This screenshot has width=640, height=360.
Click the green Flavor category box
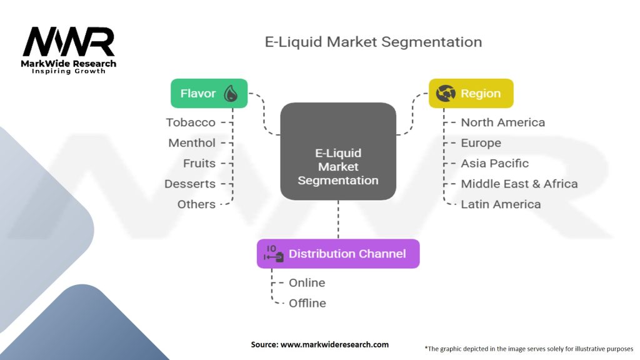tap(209, 94)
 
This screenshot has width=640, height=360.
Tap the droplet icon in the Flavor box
tap(231, 94)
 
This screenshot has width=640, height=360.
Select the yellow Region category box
tap(471, 94)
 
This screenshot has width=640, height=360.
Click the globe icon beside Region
tap(445, 94)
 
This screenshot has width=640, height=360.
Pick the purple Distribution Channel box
tap(338, 254)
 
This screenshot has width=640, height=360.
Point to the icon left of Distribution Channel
tap(274, 254)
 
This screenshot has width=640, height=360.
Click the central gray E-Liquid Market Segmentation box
tap(338, 151)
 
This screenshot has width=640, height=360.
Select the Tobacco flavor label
tap(191, 122)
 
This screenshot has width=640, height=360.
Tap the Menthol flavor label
tap(192, 143)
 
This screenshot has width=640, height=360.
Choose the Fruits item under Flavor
tap(199, 163)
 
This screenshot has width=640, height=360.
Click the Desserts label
tap(190, 184)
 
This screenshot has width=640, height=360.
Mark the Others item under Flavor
tap(196, 204)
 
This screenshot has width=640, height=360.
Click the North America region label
tap(503, 122)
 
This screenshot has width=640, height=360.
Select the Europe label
tap(481, 143)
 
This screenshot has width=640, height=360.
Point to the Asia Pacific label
tap(495, 163)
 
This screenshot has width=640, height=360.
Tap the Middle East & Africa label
tap(519, 184)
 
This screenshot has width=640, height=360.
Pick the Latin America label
tap(501, 204)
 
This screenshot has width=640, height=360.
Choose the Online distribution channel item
tap(307, 283)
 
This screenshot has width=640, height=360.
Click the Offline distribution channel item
tap(307, 303)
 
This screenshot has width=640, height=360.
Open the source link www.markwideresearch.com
tap(335, 344)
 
